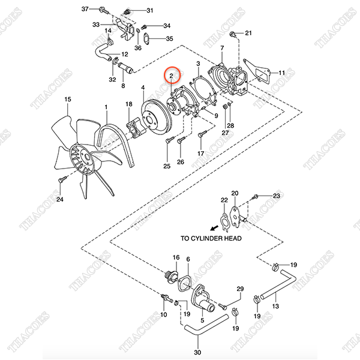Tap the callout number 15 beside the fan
click(x=68, y=99)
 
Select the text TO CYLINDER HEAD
click(x=211, y=238)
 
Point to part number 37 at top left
click(x=85, y=9)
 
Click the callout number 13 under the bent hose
click(x=276, y=306)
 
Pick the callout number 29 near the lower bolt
click(x=240, y=290)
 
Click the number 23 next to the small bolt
click(x=277, y=196)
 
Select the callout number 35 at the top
click(x=169, y=39)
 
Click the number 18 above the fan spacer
click(x=128, y=105)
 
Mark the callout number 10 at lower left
click(x=163, y=314)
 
